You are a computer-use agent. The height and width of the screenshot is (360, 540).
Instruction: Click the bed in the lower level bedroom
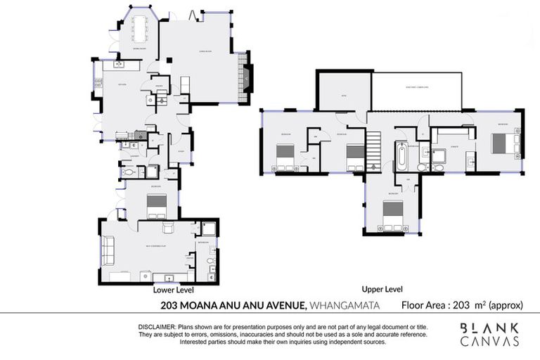point(156,204)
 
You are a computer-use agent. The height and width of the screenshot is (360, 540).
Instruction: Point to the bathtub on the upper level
point(400,156)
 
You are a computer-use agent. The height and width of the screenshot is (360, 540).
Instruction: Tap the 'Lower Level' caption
point(173,289)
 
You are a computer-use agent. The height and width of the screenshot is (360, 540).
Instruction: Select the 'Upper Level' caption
point(382,289)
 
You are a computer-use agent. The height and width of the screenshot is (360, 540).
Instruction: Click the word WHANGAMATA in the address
point(345,305)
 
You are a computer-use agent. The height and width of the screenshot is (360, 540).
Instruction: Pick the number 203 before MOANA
point(168,305)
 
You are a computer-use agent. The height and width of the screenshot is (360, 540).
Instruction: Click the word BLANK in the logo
point(490,328)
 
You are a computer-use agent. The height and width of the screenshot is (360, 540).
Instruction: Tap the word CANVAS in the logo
point(490,342)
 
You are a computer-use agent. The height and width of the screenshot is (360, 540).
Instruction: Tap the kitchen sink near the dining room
point(118,65)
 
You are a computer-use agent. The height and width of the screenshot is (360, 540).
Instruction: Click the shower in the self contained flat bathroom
point(209,229)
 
